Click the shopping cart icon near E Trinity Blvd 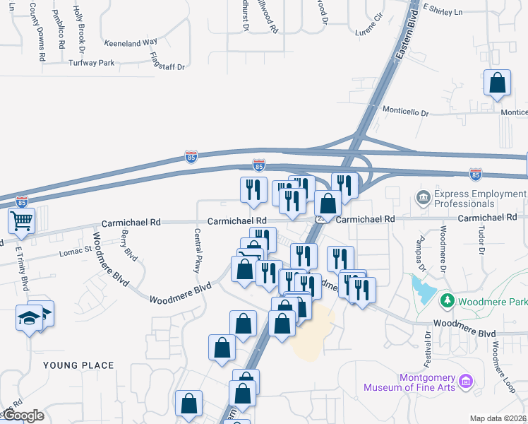pyautogui.click(x=20, y=221)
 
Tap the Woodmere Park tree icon pyautogui.click(x=446, y=302)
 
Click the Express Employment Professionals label pyautogui.click(x=480, y=199)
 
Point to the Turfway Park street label pyautogui.click(x=91, y=63)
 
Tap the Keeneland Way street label pyautogui.click(x=131, y=42)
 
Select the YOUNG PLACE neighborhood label pyautogui.click(x=78, y=365)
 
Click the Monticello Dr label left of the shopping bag pyautogui.click(x=406, y=112)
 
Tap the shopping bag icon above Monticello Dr pyautogui.click(x=498, y=83)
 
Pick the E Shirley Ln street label pyautogui.click(x=442, y=12)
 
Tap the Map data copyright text pyautogui.click(x=498, y=418)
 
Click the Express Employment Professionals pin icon pyautogui.click(x=424, y=196)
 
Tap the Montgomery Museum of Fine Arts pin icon pyautogui.click(x=464, y=382)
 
